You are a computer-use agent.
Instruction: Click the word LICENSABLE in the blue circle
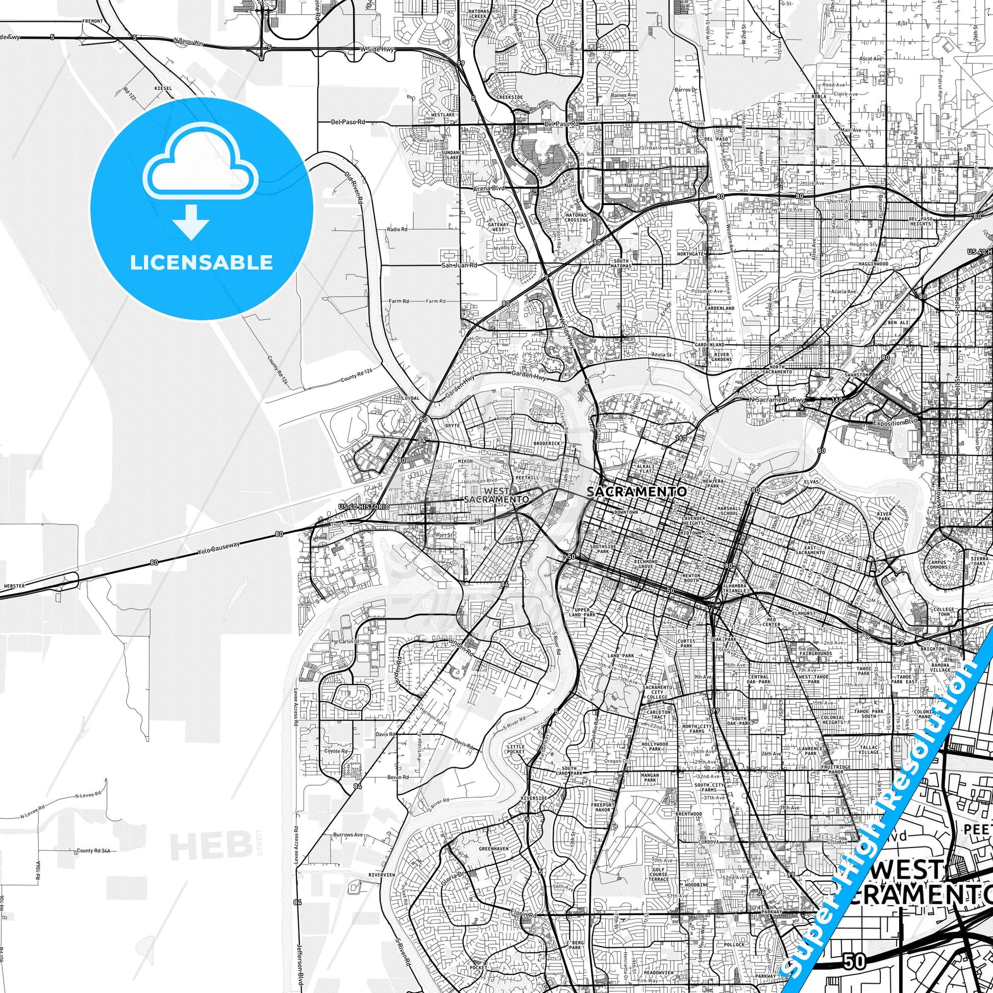pyautogui.click(x=201, y=263)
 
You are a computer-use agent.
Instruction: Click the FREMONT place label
pyautogui.click(x=92, y=21)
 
